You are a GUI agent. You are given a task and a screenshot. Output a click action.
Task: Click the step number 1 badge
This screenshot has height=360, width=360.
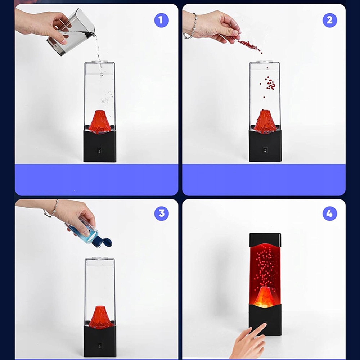(x=161, y=20)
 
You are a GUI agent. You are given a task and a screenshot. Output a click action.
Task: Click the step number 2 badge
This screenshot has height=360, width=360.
(x=330, y=20)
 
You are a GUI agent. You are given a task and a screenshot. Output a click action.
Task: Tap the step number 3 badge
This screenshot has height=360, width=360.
(x=161, y=213)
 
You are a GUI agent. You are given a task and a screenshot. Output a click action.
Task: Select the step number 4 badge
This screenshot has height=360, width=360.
(x=330, y=213)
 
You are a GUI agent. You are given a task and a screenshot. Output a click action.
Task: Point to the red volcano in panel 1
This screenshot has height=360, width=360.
(x=100, y=122)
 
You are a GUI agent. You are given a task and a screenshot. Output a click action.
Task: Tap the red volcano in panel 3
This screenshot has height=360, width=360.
(x=100, y=317)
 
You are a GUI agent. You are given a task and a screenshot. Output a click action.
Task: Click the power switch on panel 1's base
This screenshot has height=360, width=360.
(x=100, y=150)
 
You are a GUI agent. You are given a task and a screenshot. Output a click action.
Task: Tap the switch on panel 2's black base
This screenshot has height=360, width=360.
(x=265, y=150)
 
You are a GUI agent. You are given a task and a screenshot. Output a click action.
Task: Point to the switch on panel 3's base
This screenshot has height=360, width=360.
(x=100, y=346)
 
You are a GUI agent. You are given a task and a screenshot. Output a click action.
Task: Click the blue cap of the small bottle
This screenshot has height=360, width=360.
(x=103, y=242)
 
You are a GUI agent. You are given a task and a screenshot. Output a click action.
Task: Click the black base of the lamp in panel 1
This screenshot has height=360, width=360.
(x=100, y=146)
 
